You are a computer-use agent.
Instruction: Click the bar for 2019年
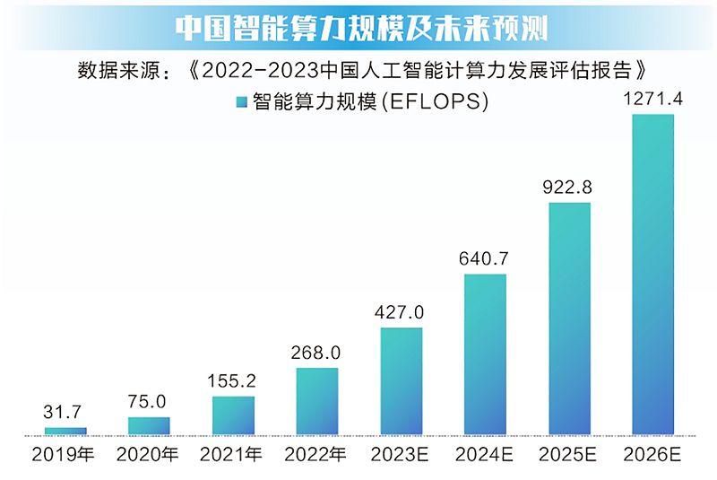65,432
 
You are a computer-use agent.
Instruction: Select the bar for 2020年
149,426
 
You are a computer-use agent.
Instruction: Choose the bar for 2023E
402,382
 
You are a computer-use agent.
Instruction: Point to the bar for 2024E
485,355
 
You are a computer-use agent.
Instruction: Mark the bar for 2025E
569,319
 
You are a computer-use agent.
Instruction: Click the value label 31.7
65,413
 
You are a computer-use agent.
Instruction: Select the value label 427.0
402,313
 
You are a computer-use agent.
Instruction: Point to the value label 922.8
569,188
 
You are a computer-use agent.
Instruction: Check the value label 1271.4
653,99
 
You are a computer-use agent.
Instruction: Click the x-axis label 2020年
149,455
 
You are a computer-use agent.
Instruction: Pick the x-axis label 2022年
317,455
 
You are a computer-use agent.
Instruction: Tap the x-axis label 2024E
485,455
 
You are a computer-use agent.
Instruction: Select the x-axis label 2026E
653,455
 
